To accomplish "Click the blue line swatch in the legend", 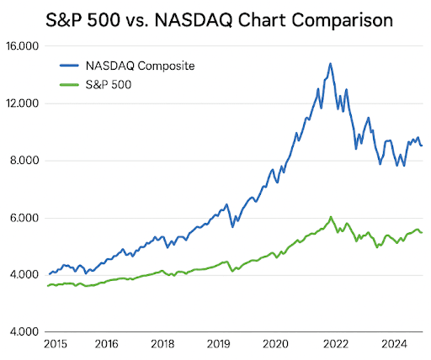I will pyautogui.click(x=72, y=64).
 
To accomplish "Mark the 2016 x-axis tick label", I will pyautogui.click(x=106, y=344).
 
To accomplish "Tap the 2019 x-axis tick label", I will pyautogui.click(x=219, y=344).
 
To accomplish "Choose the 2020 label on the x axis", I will pyautogui.click(x=275, y=344).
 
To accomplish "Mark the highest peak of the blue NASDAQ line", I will pyautogui.click(x=330, y=63).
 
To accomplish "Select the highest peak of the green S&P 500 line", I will pyautogui.click(x=331, y=217).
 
